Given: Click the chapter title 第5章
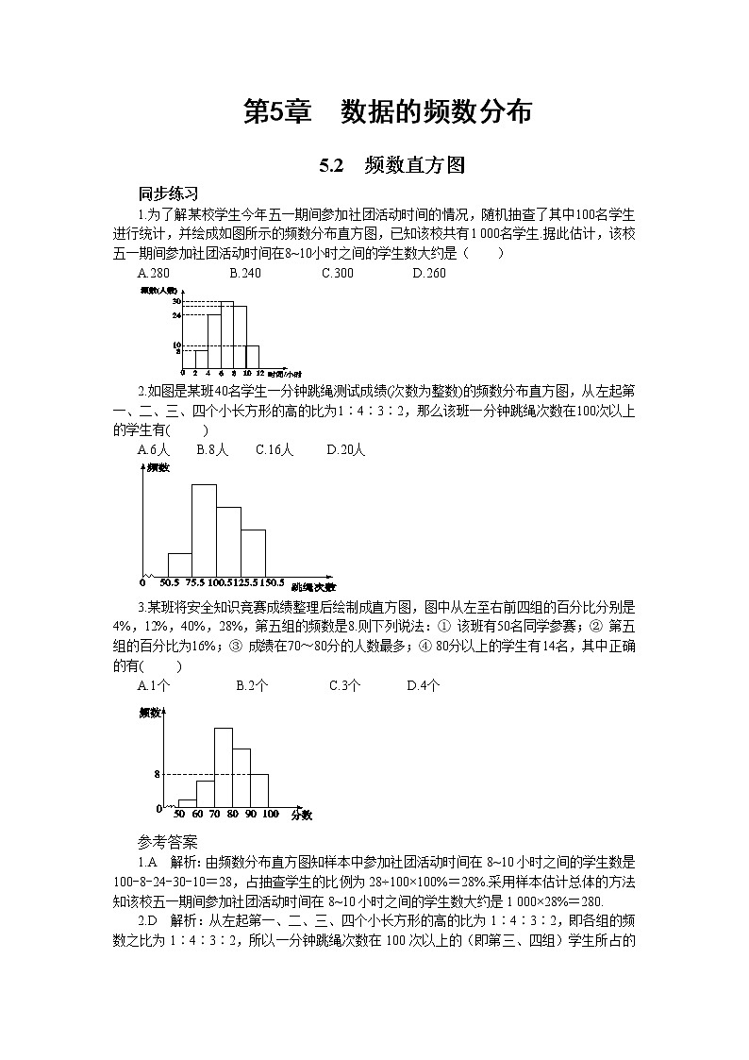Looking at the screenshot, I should (x=277, y=112).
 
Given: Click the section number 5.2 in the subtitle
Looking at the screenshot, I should (x=329, y=166).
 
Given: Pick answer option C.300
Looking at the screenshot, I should (x=337, y=274).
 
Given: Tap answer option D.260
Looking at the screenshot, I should (x=429, y=274).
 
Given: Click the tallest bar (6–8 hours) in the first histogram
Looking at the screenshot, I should (x=227, y=335).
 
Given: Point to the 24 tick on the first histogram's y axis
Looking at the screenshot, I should (x=176, y=315).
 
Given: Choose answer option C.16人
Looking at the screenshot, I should (x=275, y=450).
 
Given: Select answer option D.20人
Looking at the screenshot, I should (x=345, y=450).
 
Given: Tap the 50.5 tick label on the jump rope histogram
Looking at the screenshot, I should (x=170, y=582).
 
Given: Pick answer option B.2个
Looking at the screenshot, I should (x=252, y=686).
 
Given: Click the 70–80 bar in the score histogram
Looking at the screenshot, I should (x=224, y=766).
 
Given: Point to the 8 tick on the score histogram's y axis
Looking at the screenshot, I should (x=158, y=775).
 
